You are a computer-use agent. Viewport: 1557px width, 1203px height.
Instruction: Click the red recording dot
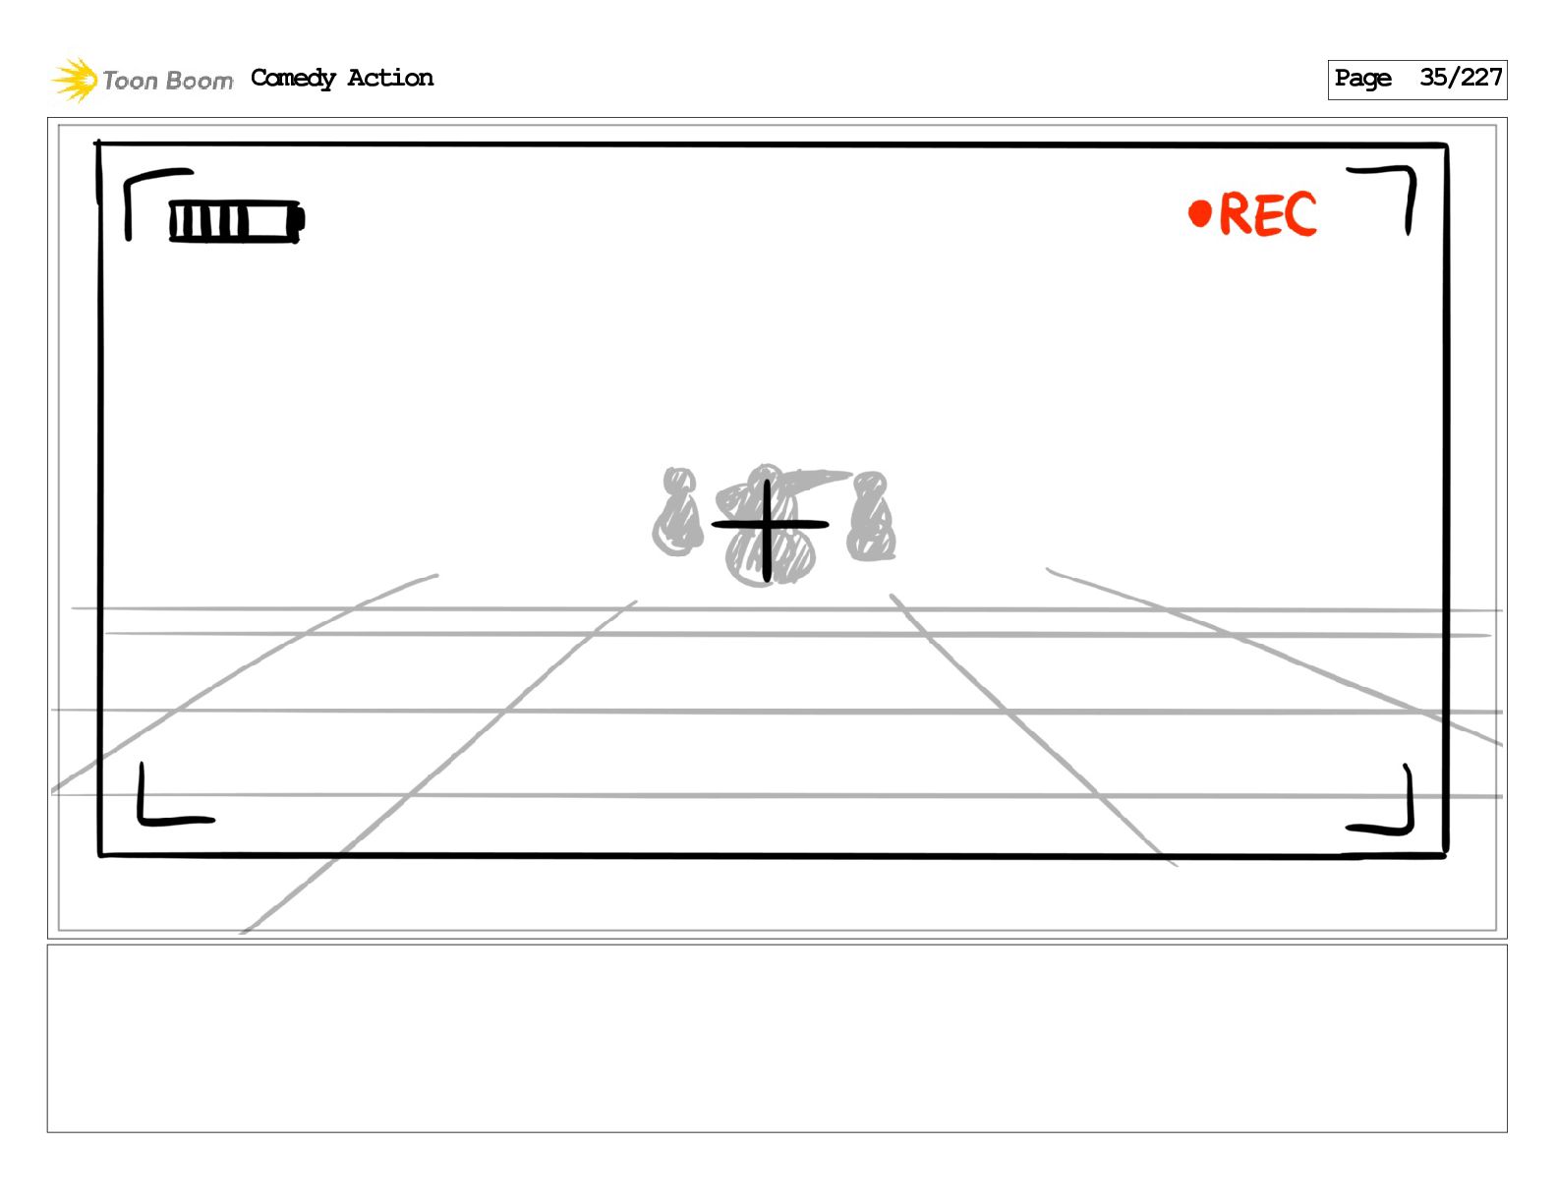click(1199, 213)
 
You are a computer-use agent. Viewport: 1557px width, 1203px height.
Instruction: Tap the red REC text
click(1267, 214)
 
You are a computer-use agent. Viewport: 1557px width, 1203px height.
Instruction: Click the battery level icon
click(236, 221)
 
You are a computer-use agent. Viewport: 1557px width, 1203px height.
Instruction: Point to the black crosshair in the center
click(769, 526)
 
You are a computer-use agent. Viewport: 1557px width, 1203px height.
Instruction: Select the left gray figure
click(677, 512)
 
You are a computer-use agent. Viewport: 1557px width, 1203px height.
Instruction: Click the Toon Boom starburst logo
click(75, 80)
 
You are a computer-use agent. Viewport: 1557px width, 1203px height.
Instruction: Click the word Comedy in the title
click(293, 79)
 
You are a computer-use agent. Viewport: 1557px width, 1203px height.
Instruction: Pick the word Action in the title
click(390, 78)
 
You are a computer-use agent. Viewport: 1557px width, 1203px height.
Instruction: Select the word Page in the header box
click(1362, 79)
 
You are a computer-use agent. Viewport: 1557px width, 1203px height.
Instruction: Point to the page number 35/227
click(1461, 78)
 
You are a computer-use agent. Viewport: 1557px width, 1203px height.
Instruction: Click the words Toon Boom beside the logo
click(168, 81)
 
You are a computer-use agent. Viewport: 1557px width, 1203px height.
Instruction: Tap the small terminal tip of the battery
click(302, 220)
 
